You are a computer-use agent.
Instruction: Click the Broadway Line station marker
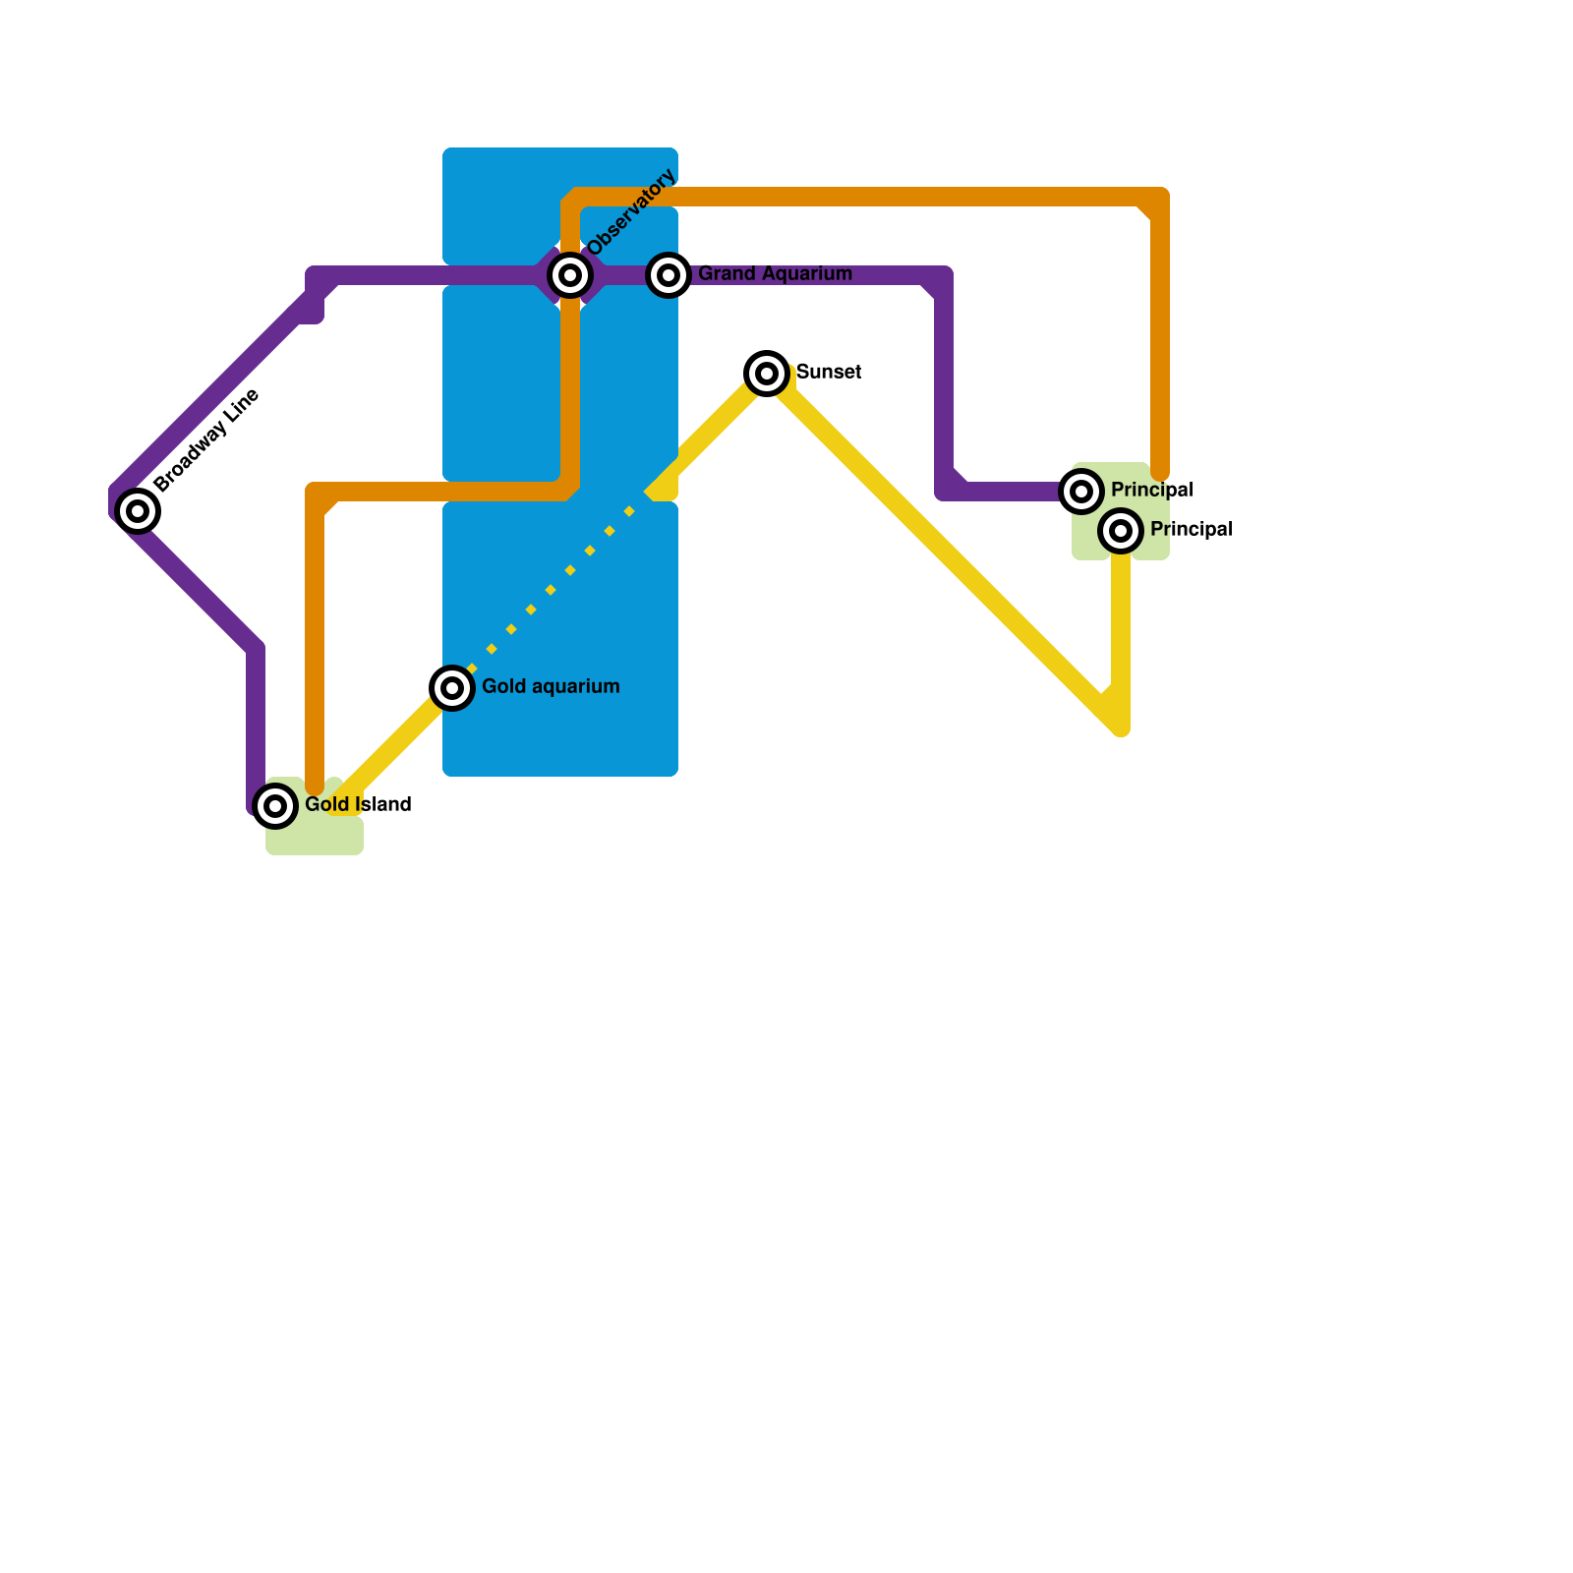point(138,510)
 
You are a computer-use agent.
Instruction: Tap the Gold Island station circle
point(275,806)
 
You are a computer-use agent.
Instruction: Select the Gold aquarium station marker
point(452,687)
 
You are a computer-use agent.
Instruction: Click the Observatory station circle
point(570,275)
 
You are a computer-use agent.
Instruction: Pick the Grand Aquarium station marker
point(669,275)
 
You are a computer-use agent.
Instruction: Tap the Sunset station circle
point(767,374)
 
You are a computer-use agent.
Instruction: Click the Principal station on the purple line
point(1081,491)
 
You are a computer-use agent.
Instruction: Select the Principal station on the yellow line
point(1121,531)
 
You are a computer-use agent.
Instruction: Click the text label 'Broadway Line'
point(206,440)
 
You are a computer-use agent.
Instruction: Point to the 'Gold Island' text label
point(358,804)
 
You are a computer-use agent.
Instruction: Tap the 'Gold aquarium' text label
point(551,686)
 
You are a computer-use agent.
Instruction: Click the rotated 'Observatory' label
point(632,212)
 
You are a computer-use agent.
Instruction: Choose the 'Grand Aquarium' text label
point(775,273)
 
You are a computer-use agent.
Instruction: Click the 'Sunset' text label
point(829,372)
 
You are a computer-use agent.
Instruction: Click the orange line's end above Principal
point(1160,472)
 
